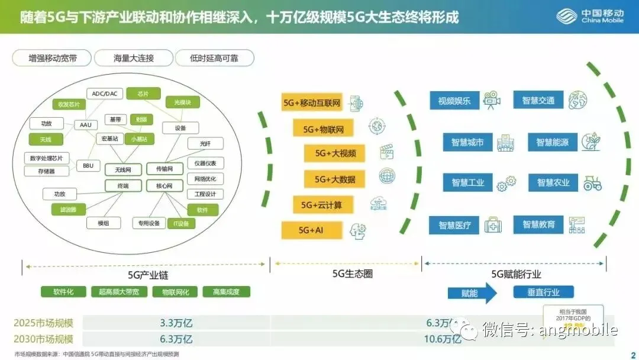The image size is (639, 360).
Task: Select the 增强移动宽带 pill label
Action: [x=52, y=58]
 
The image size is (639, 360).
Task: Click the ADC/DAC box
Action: [x=105, y=94]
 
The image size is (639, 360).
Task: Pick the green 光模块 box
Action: [x=182, y=102]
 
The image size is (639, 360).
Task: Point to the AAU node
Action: [x=85, y=125]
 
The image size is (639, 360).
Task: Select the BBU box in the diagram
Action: [x=88, y=166]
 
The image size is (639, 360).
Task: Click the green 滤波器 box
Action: [x=60, y=209]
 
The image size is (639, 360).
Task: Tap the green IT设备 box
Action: [x=181, y=223]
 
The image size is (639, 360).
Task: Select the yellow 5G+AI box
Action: [x=312, y=230]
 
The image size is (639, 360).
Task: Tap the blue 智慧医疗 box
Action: [x=455, y=225]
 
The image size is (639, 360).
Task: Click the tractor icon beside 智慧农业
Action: [x=592, y=183]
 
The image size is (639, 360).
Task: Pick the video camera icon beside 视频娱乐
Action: [x=491, y=99]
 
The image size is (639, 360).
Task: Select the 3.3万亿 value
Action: [x=176, y=323]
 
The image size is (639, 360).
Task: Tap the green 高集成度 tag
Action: [x=226, y=292]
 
